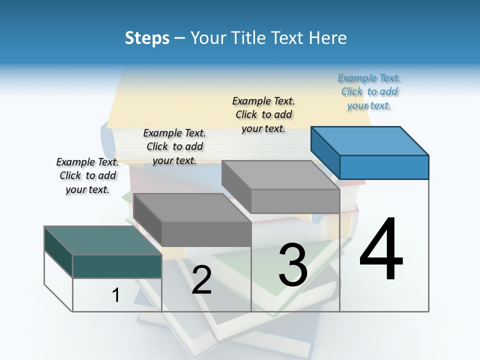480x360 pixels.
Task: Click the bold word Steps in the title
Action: pyautogui.click(x=147, y=38)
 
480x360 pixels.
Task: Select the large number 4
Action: pyautogui.click(x=381, y=250)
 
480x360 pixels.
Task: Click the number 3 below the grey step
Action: pyautogui.click(x=293, y=265)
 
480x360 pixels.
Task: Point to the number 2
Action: pyautogui.click(x=201, y=280)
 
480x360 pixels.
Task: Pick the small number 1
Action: pyautogui.click(x=116, y=295)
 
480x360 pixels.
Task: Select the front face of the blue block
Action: pyautogui.click(x=384, y=167)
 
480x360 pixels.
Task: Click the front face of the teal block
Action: pyautogui.click(x=117, y=266)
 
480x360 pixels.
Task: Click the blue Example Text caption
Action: pyautogui.click(x=369, y=91)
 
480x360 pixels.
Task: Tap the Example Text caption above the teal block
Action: pyautogui.click(x=87, y=175)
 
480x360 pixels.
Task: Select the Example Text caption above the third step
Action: pyautogui.click(x=263, y=114)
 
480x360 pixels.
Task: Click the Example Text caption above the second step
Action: pyautogui.click(x=174, y=146)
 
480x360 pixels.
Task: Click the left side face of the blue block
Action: pyautogui.click(x=325, y=150)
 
